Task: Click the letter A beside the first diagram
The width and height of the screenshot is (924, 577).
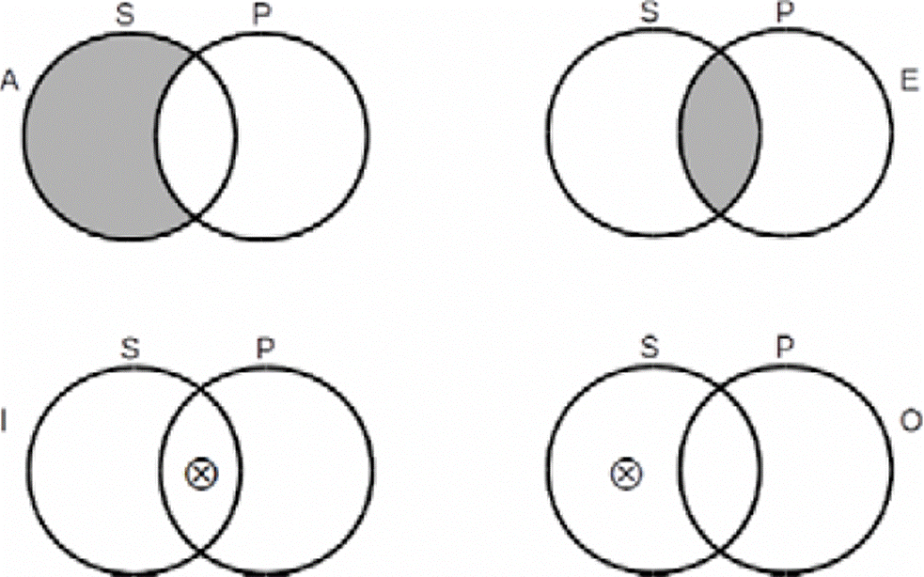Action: (x=11, y=82)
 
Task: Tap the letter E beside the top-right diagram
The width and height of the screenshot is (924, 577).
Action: (x=908, y=82)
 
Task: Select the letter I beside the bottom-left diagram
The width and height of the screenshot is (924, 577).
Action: (x=6, y=425)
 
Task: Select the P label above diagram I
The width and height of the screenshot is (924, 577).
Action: (x=264, y=350)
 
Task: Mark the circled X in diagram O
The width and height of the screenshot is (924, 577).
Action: (x=623, y=475)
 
